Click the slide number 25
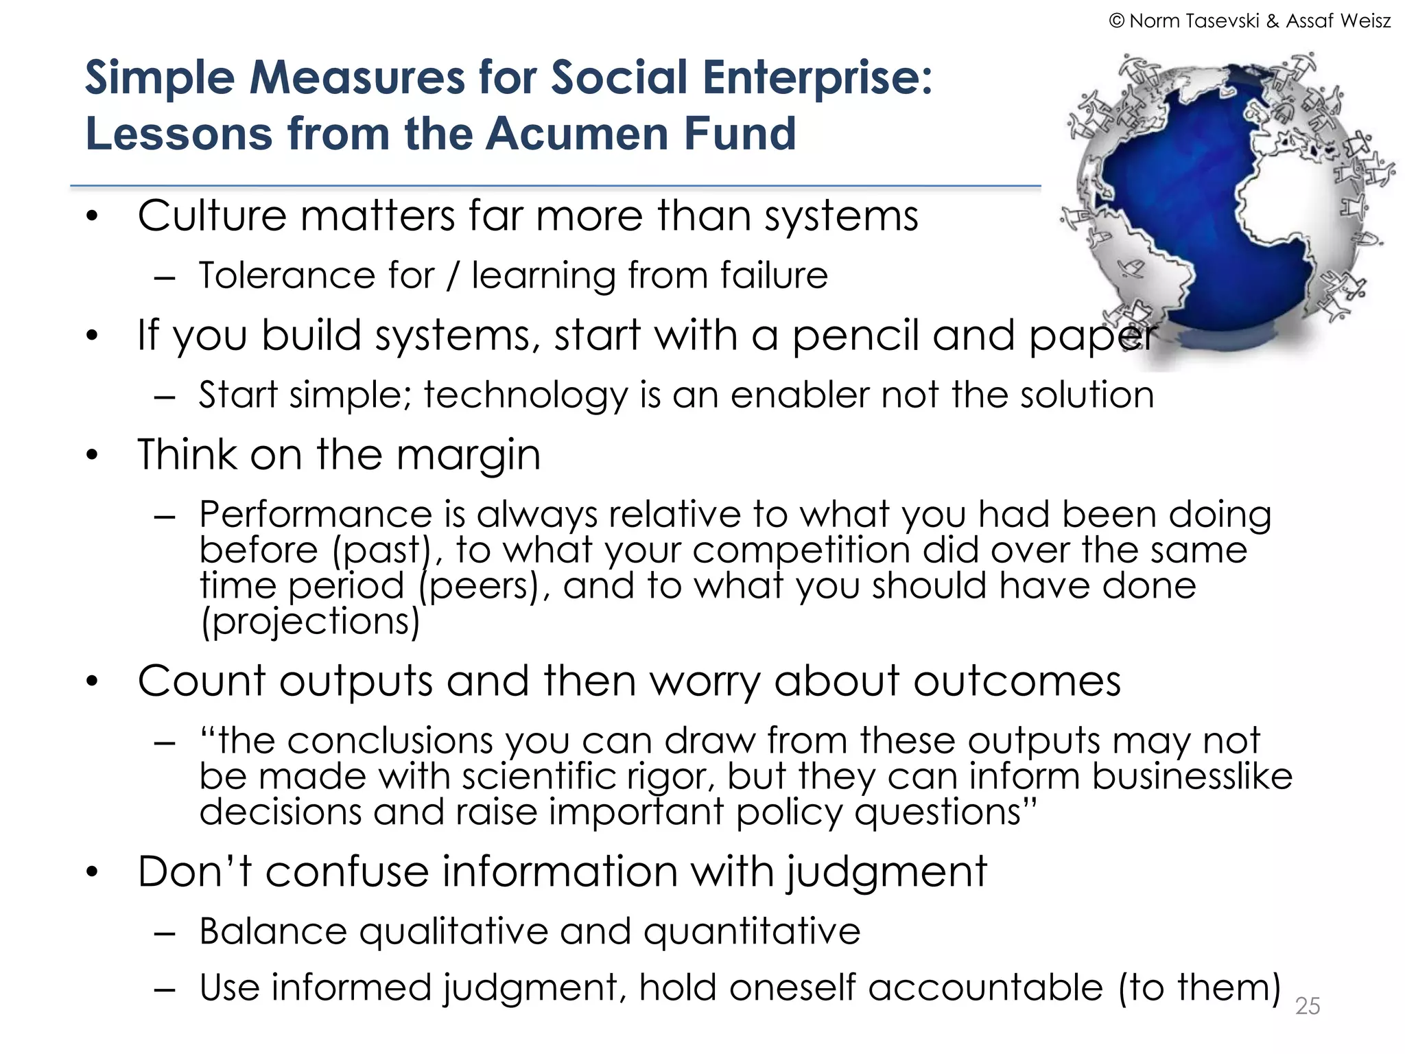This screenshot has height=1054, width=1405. (x=1307, y=1006)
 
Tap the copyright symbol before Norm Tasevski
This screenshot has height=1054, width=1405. (x=1116, y=21)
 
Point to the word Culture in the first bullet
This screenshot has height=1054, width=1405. (x=211, y=216)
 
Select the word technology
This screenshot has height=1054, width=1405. (x=526, y=396)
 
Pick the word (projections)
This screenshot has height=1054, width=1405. (x=309, y=622)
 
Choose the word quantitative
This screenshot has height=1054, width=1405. (x=751, y=931)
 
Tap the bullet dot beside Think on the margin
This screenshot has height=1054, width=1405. (x=93, y=455)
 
